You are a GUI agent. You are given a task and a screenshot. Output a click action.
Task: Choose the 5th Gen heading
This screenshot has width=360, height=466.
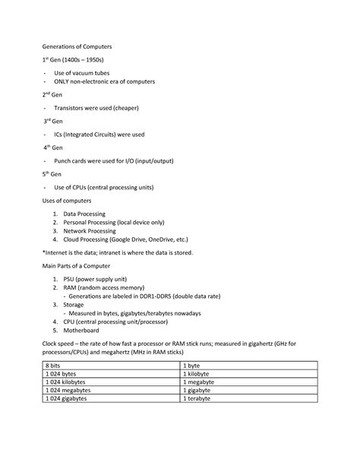(55, 173)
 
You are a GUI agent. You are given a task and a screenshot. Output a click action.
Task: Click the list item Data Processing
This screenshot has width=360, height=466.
(84, 214)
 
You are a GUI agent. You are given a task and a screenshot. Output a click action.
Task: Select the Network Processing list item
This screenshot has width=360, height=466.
(90, 230)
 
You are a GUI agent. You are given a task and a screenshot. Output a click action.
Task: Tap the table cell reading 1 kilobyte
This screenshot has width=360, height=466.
(201, 374)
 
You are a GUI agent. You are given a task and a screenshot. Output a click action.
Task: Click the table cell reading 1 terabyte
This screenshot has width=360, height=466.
(201, 398)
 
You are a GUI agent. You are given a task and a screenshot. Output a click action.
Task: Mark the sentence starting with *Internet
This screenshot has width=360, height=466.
(118, 252)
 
